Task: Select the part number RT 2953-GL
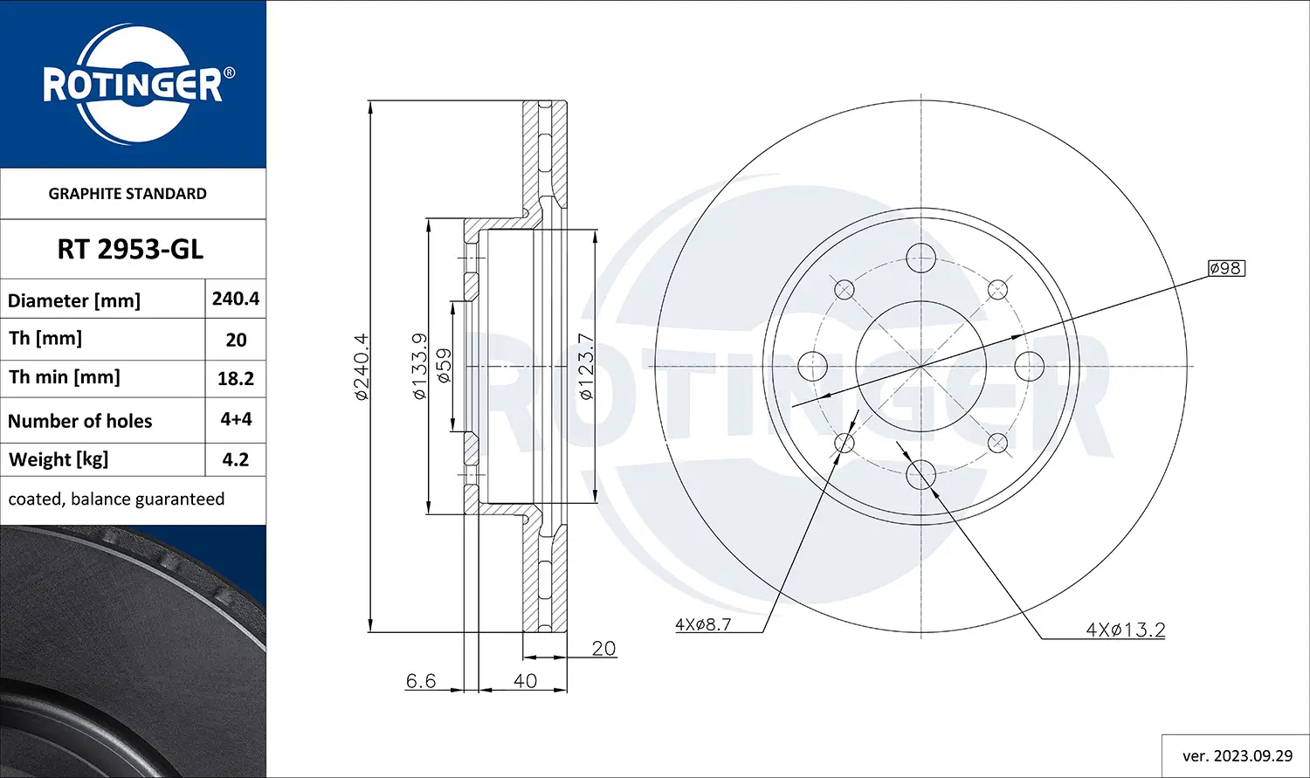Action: pyautogui.click(x=130, y=250)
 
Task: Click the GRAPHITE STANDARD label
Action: pyautogui.click(x=128, y=194)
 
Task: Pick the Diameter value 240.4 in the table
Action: pyautogui.click(x=236, y=299)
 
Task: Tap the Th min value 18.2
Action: pyautogui.click(x=236, y=378)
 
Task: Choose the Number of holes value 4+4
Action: pyautogui.click(x=236, y=419)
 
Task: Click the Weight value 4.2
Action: pyautogui.click(x=236, y=459)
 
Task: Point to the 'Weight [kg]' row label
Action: pyautogui.click(x=59, y=459)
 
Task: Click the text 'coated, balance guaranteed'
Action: pyautogui.click(x=116, y=499)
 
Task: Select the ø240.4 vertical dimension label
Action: pyautogui.click(x=362, y=367)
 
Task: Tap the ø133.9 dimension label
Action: pyautogui.click(x=420, y=367)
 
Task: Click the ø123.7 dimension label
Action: pyautogui.click(x=586, y=367)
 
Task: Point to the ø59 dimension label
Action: pyautogui.click(x=445, y=367)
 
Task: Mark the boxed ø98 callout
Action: pyautogui.click(x=1226, y=268)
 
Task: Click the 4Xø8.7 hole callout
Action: pyautogui.click(x=703, y=624)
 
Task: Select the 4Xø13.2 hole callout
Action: pyautogui.click(x=1125, y=630)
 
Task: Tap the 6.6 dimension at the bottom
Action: pyautogui.click(x=421, y=680)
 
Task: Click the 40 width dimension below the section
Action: pyautogui.click(x=525, y=680)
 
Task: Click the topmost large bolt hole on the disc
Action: pyautogui.click(x=920, y=258)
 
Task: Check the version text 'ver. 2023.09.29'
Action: pyautogui.click(x=1237, y=755)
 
